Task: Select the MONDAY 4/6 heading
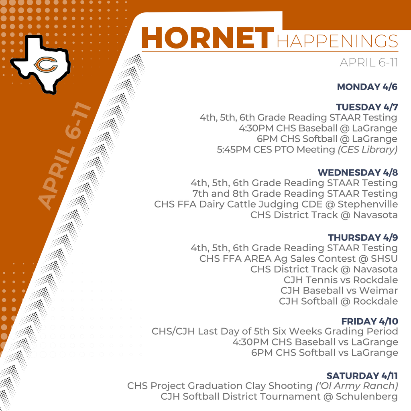pyautogui.click(x=367, y=87)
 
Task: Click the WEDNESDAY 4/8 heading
pyautogui.click(x=358, y=173)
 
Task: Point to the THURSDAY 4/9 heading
pyautogui.click(x=363, y=238)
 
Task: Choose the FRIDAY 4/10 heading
pyautogui.click(x=369, y=321)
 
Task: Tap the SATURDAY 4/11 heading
pyautogui.click(x=362, y=376)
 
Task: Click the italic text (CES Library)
pyautogui.click(x=367, y=150)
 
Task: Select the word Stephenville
pyautogui.click(x=368, y=204)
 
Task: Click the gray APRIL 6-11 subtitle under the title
pyautogui.click(x=368, y=63)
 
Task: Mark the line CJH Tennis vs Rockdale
pyautogui.click(x=341, y=280)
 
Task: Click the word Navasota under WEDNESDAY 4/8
pyautogui.click(x=375, y=215)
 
